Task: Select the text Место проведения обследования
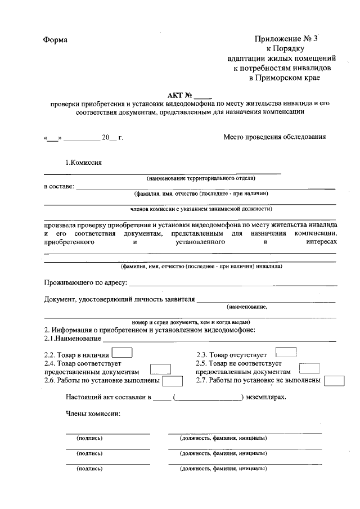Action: pos(274,136)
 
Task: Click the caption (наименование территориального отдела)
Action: pos(201,178)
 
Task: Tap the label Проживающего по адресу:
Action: pos(85,282)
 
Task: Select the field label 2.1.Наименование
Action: pos(73,339)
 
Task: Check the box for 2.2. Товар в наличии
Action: pos(123,353)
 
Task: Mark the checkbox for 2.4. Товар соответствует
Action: pos(161,369)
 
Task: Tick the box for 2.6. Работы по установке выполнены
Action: pos(173,381)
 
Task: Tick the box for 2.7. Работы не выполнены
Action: pos(335,381)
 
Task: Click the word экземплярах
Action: pos(265,397)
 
